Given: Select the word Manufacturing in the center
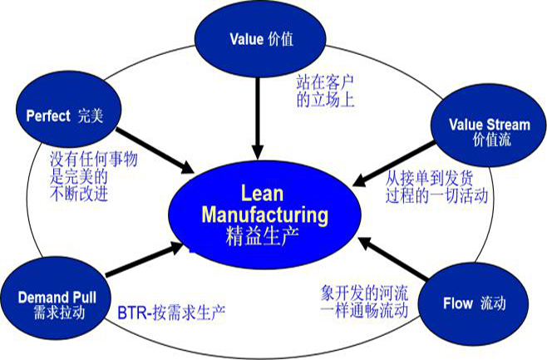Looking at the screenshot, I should [265, 214].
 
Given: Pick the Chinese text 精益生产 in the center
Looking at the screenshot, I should [265, 235].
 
